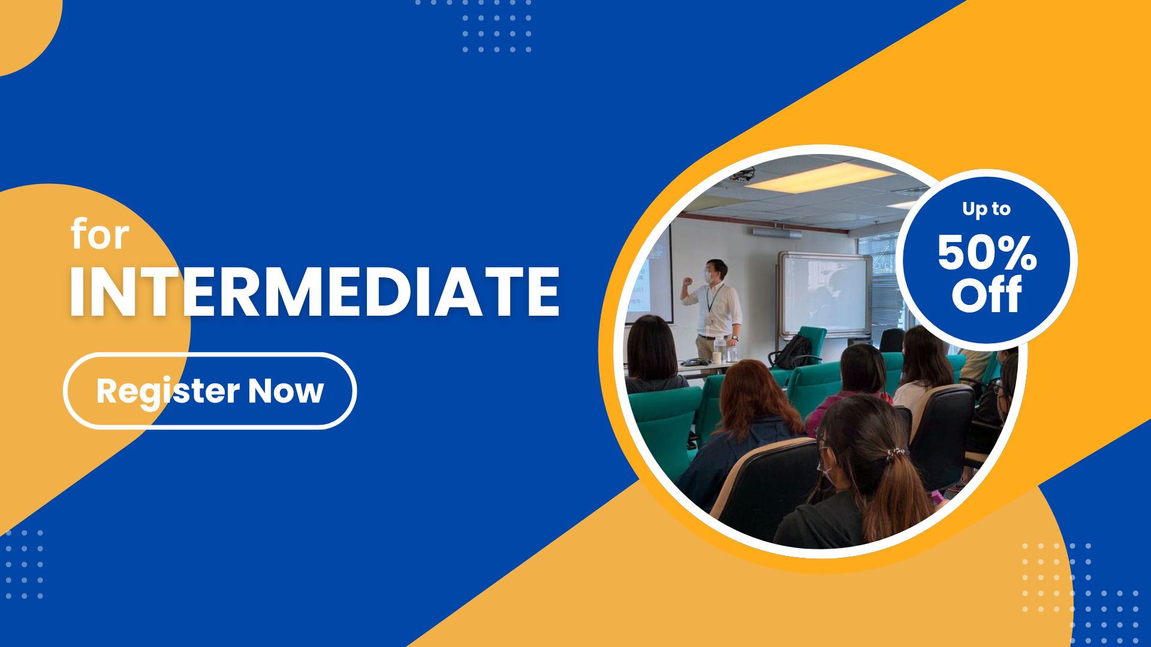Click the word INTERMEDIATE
[315, 292]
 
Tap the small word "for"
[100, 234]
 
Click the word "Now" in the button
[286, 391]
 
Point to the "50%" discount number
[987, 252]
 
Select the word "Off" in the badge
[987, 295]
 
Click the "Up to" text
[986, 208]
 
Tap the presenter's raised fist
[688, 280]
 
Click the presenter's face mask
[709, 277]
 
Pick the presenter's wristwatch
[734, 337]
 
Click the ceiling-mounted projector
[743, 175]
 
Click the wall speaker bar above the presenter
[777, 232]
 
